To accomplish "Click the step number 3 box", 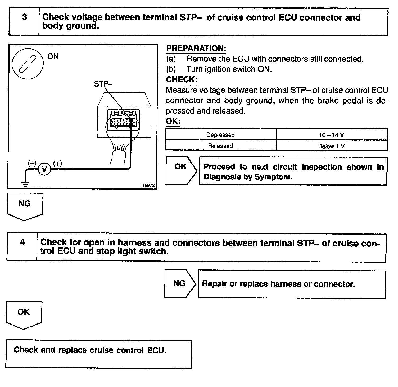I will pyautogui.click(x=24, y=22).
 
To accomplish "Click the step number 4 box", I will pyautogui.click(x=22, y=247).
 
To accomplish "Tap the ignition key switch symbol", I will pyautogui.click(x=28, y=64).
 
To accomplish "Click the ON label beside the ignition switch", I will pyautogui.click(x=53, y=56).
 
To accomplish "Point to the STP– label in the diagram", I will pyautogui.click(x=103, y=84).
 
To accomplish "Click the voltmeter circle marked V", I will pyautogui.click(x=44, y=169).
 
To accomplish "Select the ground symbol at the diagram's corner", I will pyautogui.click(x=25, y=184).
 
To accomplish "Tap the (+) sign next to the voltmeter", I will pyautogui.click(x=58, y=164).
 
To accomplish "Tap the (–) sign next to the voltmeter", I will pyautogui.click(x=32, y=163).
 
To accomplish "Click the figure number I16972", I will pyautogui.click(x=148, y=186).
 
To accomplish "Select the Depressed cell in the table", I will pyautogui.click(x=221, y=135).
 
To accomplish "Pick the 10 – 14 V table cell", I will pyautogui.click(x=331, y=135).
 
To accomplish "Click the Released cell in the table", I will pyautogui.click(x=221, y=146).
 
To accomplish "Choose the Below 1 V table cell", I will pyautogui.click(x=331, y=146).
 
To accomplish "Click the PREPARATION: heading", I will pyautogui.click(x=196, y=48).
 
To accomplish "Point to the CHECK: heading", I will pyautogui.click(x=182, y=79).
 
